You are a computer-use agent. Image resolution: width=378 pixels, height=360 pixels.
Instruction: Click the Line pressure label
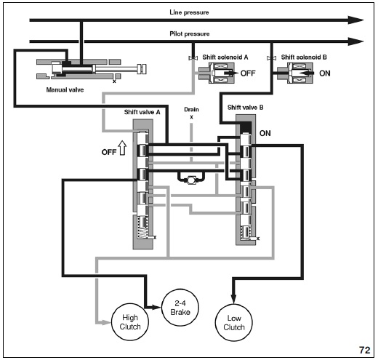click(x=189, y=12)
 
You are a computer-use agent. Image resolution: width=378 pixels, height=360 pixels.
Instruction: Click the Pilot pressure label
click(x=190, y=33)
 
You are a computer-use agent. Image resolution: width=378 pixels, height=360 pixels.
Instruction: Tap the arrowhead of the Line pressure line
click(x=355, y=20)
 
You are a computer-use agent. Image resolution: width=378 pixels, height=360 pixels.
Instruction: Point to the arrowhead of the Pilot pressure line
click(x=355, y=41)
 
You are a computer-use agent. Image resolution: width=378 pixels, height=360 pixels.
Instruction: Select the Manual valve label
click(x=65, y=90)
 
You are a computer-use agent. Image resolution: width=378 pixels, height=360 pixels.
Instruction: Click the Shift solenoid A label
click(x=225, y=57)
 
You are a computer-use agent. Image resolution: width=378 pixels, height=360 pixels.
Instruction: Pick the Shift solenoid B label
click(x=304, y=57)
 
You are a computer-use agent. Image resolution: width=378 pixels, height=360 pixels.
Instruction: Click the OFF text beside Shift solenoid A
click(x=248, y=73)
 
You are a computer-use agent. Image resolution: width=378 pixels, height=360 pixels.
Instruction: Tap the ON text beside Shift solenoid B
click(x=325, y=73)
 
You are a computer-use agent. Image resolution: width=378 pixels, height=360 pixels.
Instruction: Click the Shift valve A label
click(x=142, y=112)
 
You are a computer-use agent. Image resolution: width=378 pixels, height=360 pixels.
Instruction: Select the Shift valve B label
click(x=245, y=108)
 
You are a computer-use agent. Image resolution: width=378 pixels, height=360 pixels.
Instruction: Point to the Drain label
click(x=191, y=110)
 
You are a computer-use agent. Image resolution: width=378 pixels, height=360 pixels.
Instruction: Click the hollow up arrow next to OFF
click(x=122, y=148)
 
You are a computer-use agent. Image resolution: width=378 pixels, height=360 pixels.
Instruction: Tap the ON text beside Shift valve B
click(x=265, y=133)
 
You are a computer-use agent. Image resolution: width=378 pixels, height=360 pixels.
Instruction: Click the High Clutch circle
click(x=130, y=322)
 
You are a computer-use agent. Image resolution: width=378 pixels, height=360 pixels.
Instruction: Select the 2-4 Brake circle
click(x=180, y=308)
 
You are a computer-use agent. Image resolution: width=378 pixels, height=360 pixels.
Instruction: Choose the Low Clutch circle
click(x=234, y=323)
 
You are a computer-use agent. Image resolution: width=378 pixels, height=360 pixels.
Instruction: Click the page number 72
click(x=365, y=350)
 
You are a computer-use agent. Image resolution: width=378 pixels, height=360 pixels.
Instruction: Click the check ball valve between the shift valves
click(x=191, y=180)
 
